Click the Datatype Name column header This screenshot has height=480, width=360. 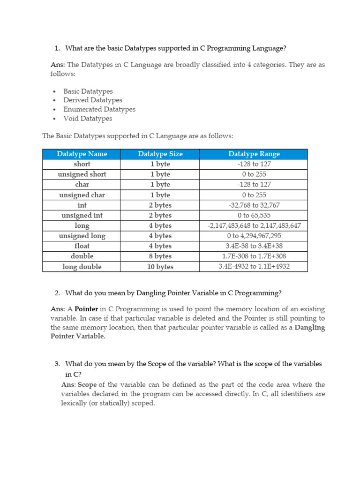tap(82, 154)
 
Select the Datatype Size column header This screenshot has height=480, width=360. tap(160, 154)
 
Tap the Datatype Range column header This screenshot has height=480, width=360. tap(254, 154)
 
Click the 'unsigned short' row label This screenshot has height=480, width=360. tap(82, 174)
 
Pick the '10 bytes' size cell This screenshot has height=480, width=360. tap(160, 267)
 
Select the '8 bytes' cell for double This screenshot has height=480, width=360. tap(160, 256)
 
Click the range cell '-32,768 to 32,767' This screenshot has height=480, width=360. tap(254, 205)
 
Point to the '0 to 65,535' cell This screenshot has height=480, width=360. tap(254, 216)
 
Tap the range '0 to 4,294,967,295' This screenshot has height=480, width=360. tap(254, 236)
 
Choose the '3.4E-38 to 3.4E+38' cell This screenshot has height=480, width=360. tap(254, 246)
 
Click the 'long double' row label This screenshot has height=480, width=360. tap(82, 267)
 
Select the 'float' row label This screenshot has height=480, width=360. tap(82, 246)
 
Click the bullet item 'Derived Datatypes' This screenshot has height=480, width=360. tap(93, 100)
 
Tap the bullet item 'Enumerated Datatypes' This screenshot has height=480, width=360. tap(99, 109)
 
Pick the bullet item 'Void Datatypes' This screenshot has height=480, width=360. tap(88, 119)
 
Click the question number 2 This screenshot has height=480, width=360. tap(57, 293)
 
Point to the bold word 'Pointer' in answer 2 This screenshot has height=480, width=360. tap(86, 309)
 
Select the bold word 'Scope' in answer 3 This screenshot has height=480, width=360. tap(87, 385)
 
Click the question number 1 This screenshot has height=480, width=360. tap(57, 48)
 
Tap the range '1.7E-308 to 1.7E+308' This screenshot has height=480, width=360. tap(254, 256)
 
